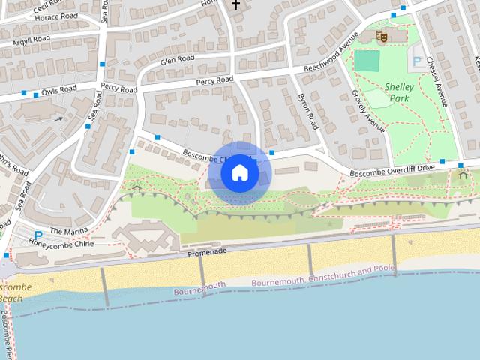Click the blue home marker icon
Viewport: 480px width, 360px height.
click(x=240, y=173)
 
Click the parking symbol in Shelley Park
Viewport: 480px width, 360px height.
click(x=418, y=61)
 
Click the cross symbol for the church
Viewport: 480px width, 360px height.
click(x=235, y=5)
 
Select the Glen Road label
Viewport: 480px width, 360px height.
click(x=177, y=59)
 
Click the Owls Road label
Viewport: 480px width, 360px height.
click(x=59, y=90)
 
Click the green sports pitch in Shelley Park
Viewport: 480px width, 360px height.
click(x=367, y=61)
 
